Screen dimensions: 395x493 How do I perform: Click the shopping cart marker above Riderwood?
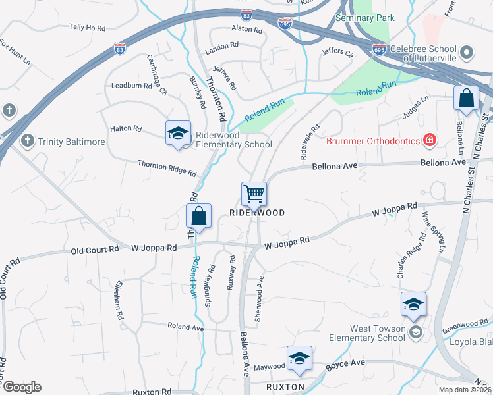[254, 194]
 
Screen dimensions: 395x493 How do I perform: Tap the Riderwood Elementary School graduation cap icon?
[177, 134]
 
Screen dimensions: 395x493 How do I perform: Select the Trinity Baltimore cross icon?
[28, 140]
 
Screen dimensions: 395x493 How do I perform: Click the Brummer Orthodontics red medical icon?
[429, 140]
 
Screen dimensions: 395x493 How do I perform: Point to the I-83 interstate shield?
[119, 49]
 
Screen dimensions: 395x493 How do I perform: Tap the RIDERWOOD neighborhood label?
[257, 213]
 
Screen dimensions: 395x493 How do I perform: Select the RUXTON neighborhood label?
[285, 386]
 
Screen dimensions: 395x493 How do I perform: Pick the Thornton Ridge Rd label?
[167, 169]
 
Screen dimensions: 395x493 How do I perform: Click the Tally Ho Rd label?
[87, 28]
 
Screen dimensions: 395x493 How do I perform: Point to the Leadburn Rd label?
[132, 86]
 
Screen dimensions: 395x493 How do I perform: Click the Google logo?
[22, 387]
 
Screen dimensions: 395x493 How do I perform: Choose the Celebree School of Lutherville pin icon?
[467, 52]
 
